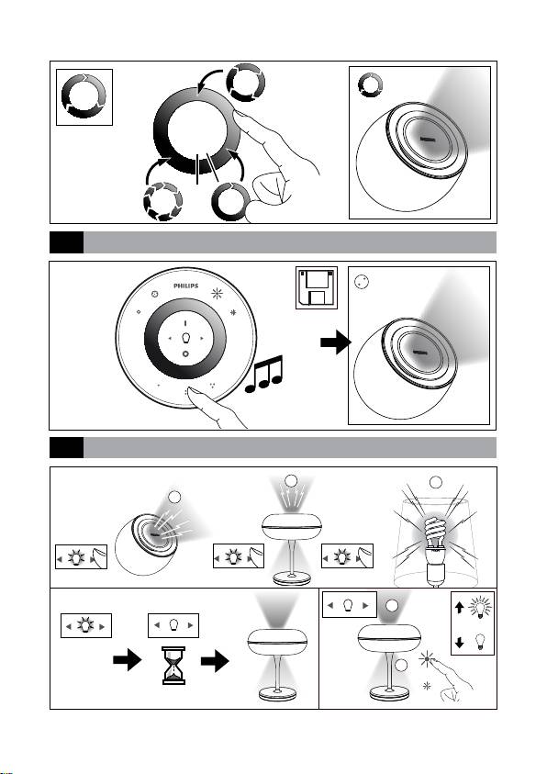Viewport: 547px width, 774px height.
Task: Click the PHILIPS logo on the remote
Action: pyautogui.click(x=186, y=286)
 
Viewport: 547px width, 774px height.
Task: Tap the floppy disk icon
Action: pyautogui.click(x=316, y=287)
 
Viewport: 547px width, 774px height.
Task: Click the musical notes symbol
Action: pyautogui.click(x=264, y=375)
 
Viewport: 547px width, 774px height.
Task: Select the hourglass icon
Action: pyautogui.click(x=173, y=665)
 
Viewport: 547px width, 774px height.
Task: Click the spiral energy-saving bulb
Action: pyautogui.click(x=434, y=533)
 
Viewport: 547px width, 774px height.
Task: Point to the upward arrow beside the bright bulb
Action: pyautogui.click(x=459, y=607)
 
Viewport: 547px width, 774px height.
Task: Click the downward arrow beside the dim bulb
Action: pyautogui.click(x=459, y=642)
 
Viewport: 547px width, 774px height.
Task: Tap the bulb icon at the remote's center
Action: pyautogui.click(x=185, y=338)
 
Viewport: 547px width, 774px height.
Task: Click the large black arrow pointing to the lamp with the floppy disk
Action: pyautogui.click(x=335, y=342)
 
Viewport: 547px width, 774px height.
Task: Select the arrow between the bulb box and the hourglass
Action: pyautogui.click(x=128, y=660)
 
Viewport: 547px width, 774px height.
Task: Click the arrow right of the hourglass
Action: pyautogui.click(x=215, y=660)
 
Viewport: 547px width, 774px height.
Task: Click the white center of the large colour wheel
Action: pyautogui.click(x=197, y=130)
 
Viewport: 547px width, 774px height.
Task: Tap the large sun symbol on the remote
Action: pyautogui.click(x=217, y=294)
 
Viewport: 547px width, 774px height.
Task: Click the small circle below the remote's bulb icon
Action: pyautogui.click(x=185, y=353)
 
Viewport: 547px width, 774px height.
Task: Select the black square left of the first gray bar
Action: pyautogui.click(x=67, y=242)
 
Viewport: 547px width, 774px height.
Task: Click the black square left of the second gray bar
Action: pyautogui.click(x=67, y=448)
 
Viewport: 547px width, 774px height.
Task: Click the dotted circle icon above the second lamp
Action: pyautogui.click(x=362, y=282)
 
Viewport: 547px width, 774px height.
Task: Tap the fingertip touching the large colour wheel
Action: pyautogui.click(x=239, y=115)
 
